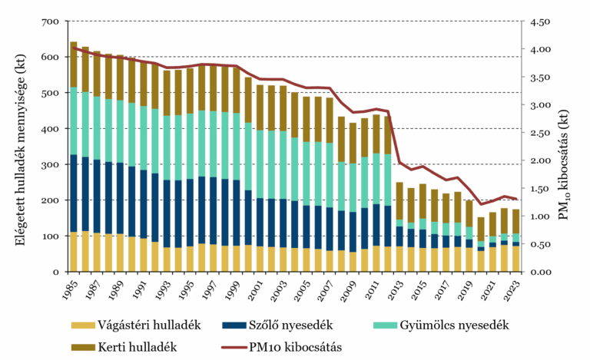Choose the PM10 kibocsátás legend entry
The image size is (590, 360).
pos(288,346)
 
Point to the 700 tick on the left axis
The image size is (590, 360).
pos(49,21)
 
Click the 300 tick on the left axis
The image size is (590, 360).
pos(49,165)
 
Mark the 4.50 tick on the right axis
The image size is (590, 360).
pos(542,21)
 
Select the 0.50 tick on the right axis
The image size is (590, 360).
pos(542,244)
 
